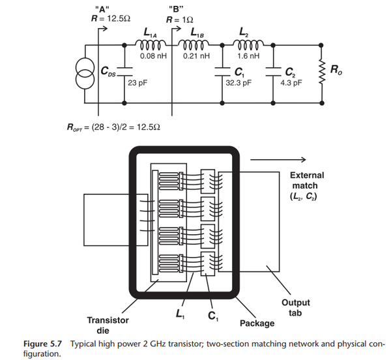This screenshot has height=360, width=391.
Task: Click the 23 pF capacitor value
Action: pos(137,83)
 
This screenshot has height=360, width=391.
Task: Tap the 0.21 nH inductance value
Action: pos(196,56)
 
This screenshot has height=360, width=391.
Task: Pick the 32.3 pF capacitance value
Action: pos(238,83)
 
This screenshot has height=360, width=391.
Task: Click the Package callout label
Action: pos(257,323)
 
